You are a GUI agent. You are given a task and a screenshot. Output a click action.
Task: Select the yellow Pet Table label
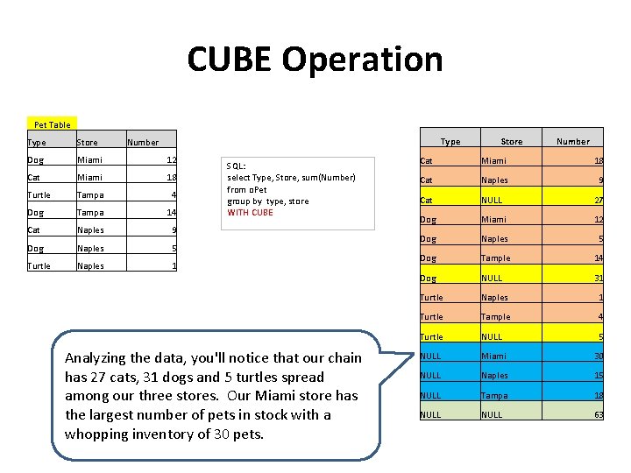point(52,124)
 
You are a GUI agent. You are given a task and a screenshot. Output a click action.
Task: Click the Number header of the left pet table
point(143,142)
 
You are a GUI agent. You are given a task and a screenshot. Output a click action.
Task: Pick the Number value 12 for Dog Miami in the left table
point(172,159)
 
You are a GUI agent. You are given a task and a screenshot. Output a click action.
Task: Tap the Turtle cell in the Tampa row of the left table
point(39,195)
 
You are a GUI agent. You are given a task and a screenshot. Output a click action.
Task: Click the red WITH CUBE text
point(250,213)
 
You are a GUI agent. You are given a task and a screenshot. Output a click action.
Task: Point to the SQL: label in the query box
point(236,166)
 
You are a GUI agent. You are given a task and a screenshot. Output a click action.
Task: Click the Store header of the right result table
point(511,141)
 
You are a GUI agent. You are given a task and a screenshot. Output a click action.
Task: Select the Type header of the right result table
point(450,141)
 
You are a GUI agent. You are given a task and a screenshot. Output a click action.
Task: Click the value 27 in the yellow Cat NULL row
point(598,200)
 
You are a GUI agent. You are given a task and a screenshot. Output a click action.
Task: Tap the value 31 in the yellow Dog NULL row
point(598,279)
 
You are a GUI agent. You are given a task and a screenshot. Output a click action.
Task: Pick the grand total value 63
point(598,414)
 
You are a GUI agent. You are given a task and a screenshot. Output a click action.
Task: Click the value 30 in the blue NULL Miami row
point(598,356)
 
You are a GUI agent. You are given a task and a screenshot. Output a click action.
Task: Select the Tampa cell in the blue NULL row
point(495,395)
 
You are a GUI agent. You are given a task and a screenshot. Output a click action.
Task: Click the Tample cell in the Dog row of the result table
point(495,258)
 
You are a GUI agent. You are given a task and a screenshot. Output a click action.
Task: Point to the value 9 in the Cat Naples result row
point(600,180)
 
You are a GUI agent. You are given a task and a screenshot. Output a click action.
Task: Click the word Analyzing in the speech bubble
point(96,357)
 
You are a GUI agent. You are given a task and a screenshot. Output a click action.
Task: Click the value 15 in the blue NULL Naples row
point(598,376)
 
